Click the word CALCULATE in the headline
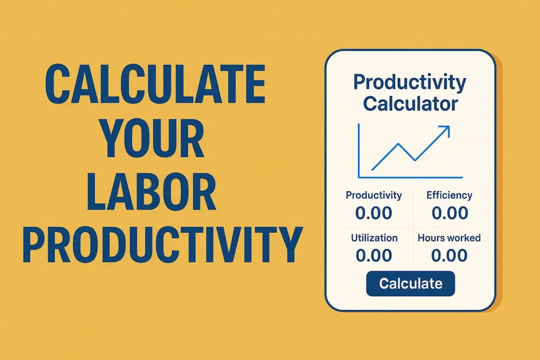coord(155,84)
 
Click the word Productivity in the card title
coord(409,83)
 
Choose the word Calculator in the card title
coord(410,103)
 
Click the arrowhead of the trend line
coord(445,130)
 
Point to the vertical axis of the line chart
coord(359,151)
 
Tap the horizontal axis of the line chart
coord(410,177)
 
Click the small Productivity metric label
coord(374,195)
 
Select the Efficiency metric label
coord(449,195)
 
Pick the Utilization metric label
coord(374,238)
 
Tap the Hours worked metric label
coord(449,238)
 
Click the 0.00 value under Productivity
coord(374,213)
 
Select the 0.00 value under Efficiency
coord(450,213)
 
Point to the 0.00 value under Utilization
coord(374,256)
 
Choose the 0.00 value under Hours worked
coord(449,256)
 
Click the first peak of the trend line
coord(399,144)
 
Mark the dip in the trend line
coord(414,160)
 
